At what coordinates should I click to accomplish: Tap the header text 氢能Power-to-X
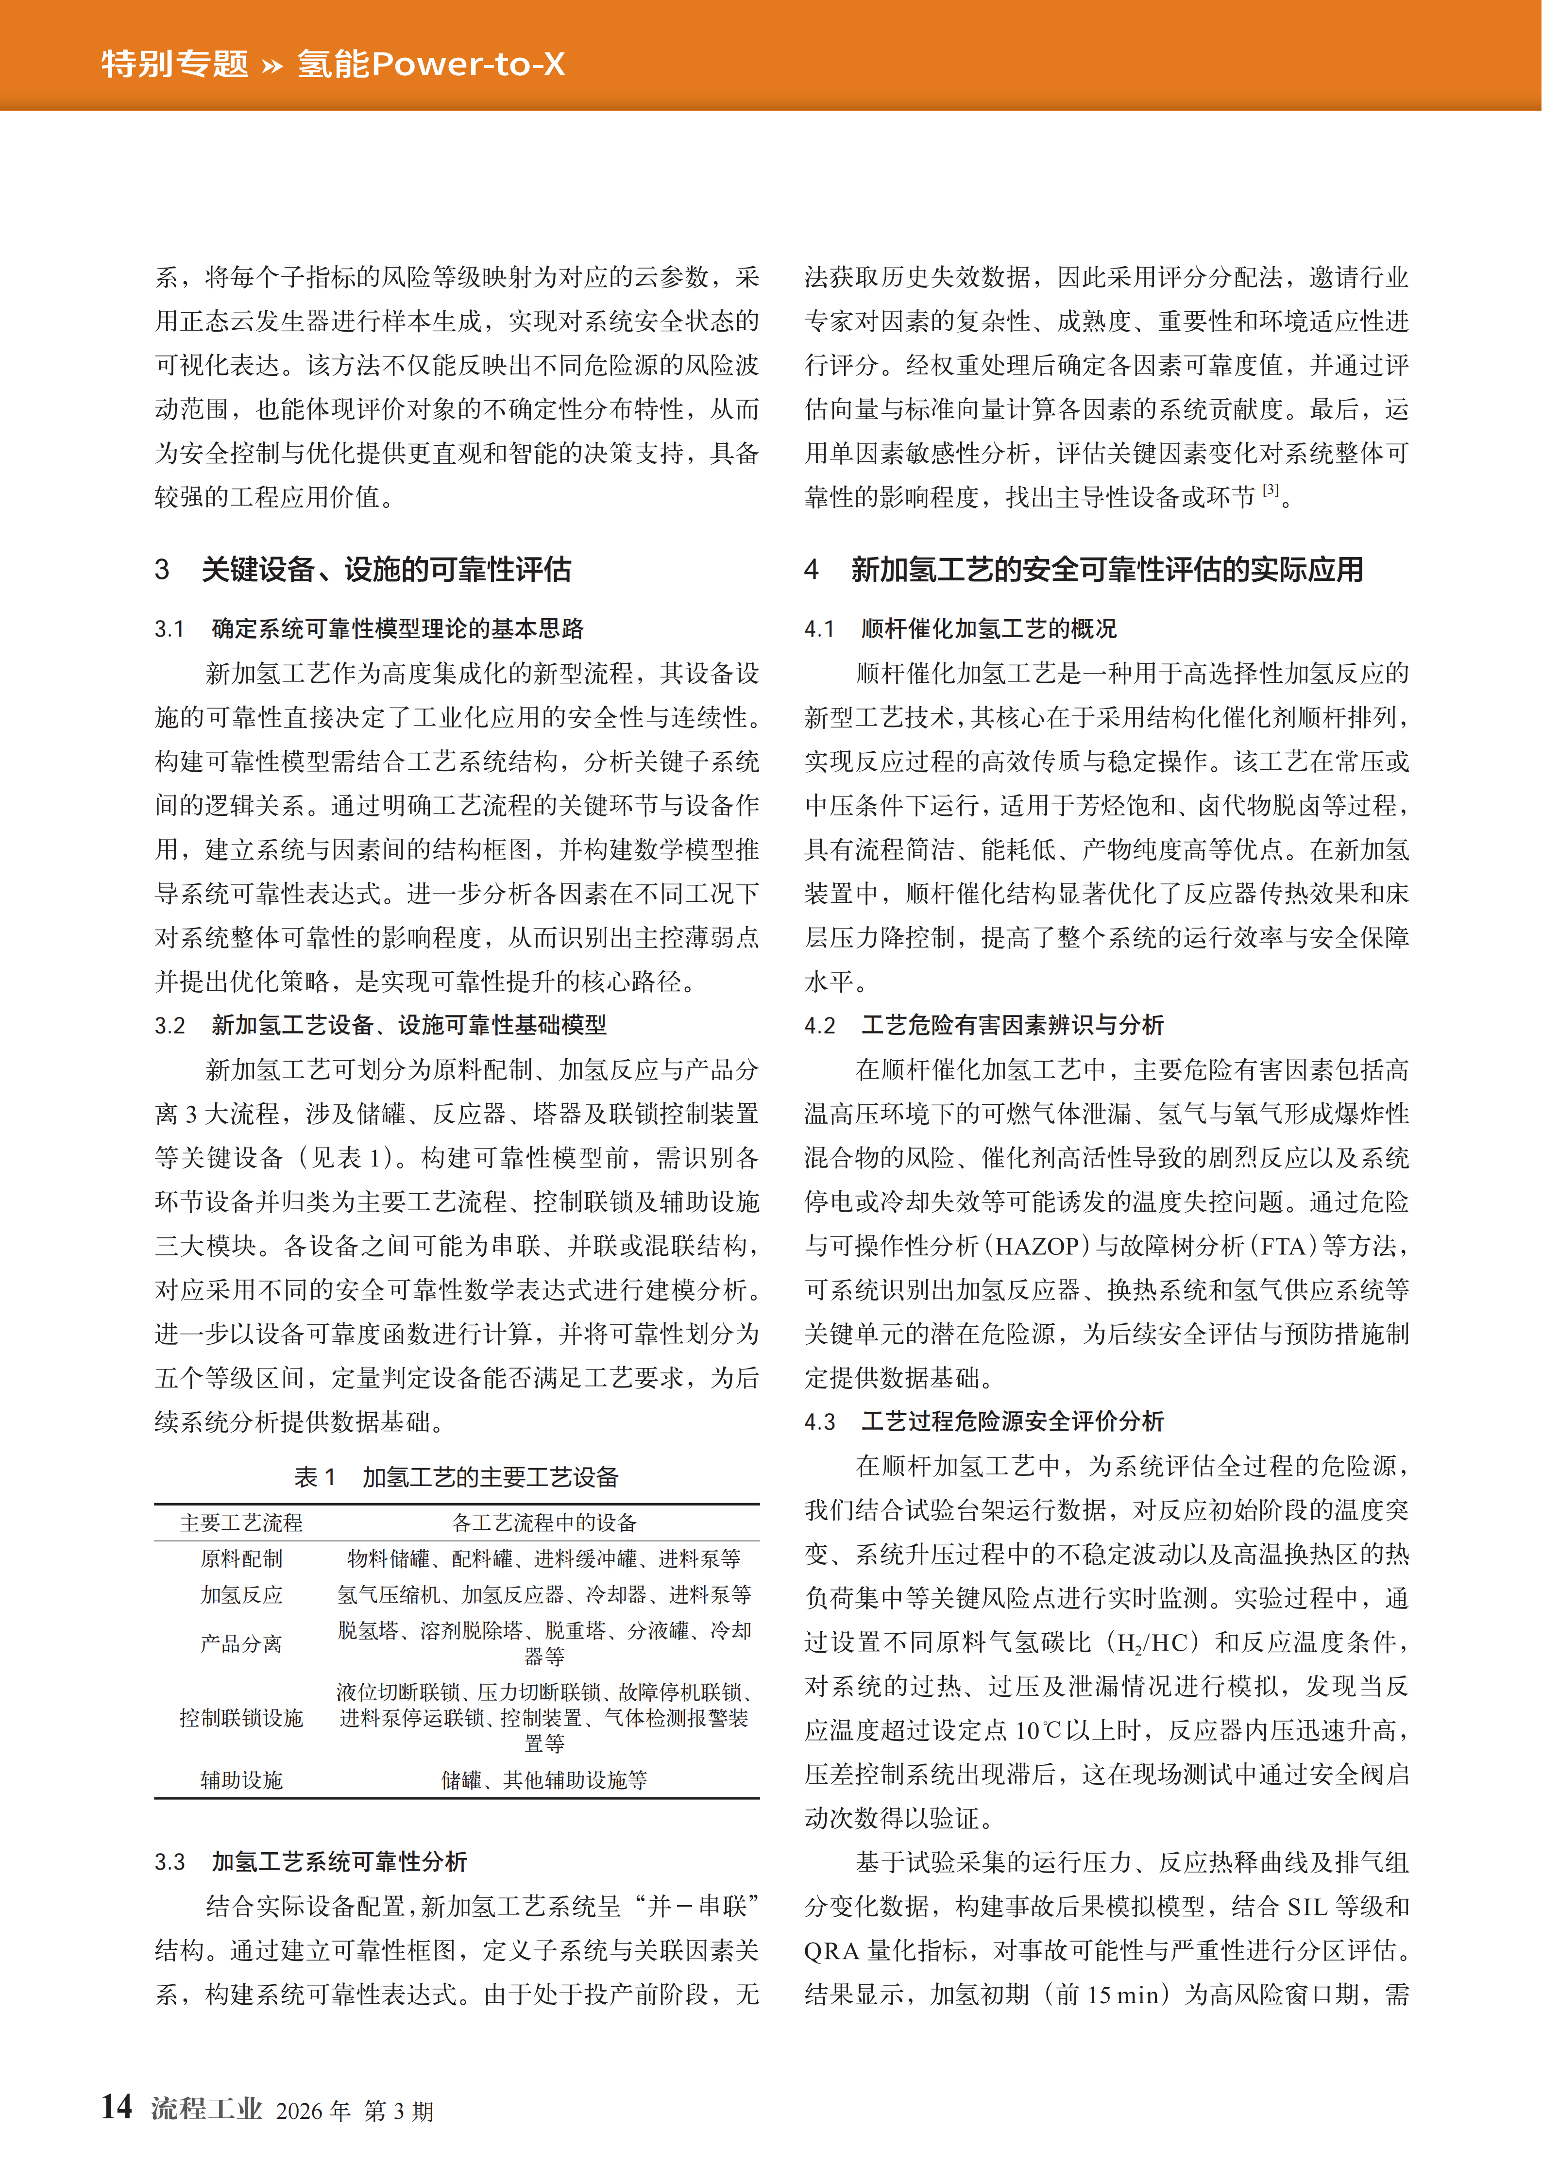tap(430, 64)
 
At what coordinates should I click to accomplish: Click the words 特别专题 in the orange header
tap(175, 64)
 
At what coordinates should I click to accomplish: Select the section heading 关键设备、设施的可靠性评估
tap(386, 570)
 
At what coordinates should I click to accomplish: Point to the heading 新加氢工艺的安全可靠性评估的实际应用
tap(1107, 570)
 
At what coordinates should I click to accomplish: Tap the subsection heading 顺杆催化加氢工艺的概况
tap(988, 629)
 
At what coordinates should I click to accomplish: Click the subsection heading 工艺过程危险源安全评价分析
tap(1012, 1422)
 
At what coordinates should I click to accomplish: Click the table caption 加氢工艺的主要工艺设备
tap(490, 1477)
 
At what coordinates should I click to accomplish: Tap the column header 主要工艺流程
tap(241, 1522)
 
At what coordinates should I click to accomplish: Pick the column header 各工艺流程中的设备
tap(544, 1522)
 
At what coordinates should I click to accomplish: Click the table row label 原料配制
tap(241, 1559)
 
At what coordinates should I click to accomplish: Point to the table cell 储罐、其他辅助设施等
tap(544, 1780)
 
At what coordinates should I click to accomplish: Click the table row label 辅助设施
tap(241, 1780)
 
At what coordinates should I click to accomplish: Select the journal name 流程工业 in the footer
tap(205, 2109)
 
